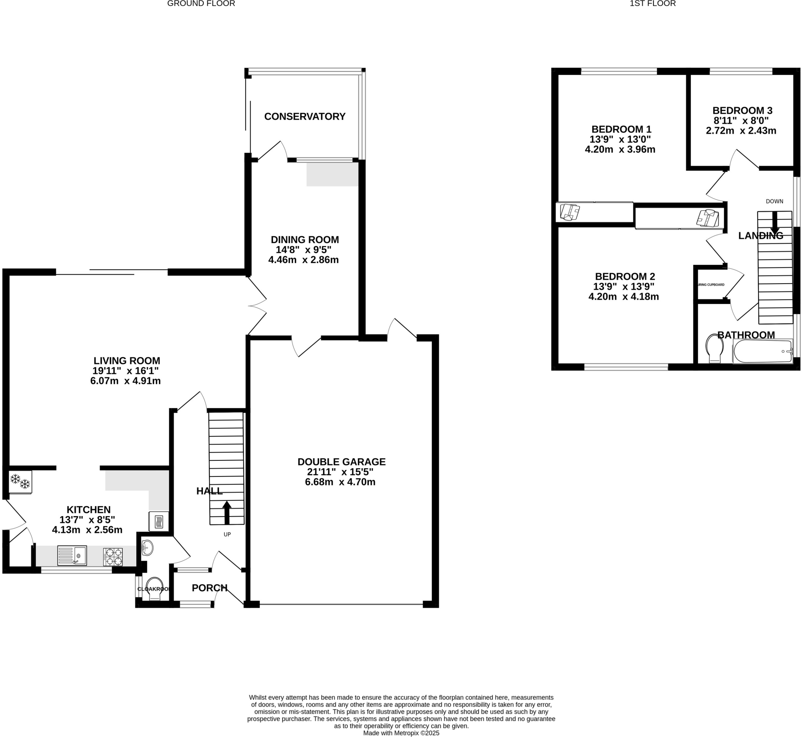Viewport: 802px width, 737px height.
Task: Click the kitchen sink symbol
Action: (x=72, y=556)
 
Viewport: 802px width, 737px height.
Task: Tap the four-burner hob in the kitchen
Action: (x=113, y=557)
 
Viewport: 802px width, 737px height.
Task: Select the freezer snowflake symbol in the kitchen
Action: (x=20, y=482)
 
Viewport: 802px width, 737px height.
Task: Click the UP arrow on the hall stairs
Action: (x=227, y=512)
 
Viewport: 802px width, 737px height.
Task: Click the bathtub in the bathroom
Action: (x=762, y=351)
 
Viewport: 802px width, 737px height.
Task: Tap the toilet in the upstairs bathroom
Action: (x=715, y=348)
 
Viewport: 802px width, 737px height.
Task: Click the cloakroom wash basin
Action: (x=147, y=548)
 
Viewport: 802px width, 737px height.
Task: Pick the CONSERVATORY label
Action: (x=305, y=116)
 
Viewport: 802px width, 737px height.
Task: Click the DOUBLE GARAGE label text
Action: (x=341, y=462)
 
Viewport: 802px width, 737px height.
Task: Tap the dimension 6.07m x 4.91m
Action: (x=125, y=381)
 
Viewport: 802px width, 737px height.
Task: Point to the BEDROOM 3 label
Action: (x=742, y=110)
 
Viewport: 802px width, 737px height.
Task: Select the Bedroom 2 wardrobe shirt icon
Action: (x=708, y=218)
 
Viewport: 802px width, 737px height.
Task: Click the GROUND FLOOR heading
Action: (x=201, y=4)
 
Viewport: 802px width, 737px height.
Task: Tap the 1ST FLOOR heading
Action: (x=658, y=4)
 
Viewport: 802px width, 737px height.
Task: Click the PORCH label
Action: (x=209, y=588)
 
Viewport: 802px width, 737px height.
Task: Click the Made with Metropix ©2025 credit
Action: (x=401, y=733)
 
